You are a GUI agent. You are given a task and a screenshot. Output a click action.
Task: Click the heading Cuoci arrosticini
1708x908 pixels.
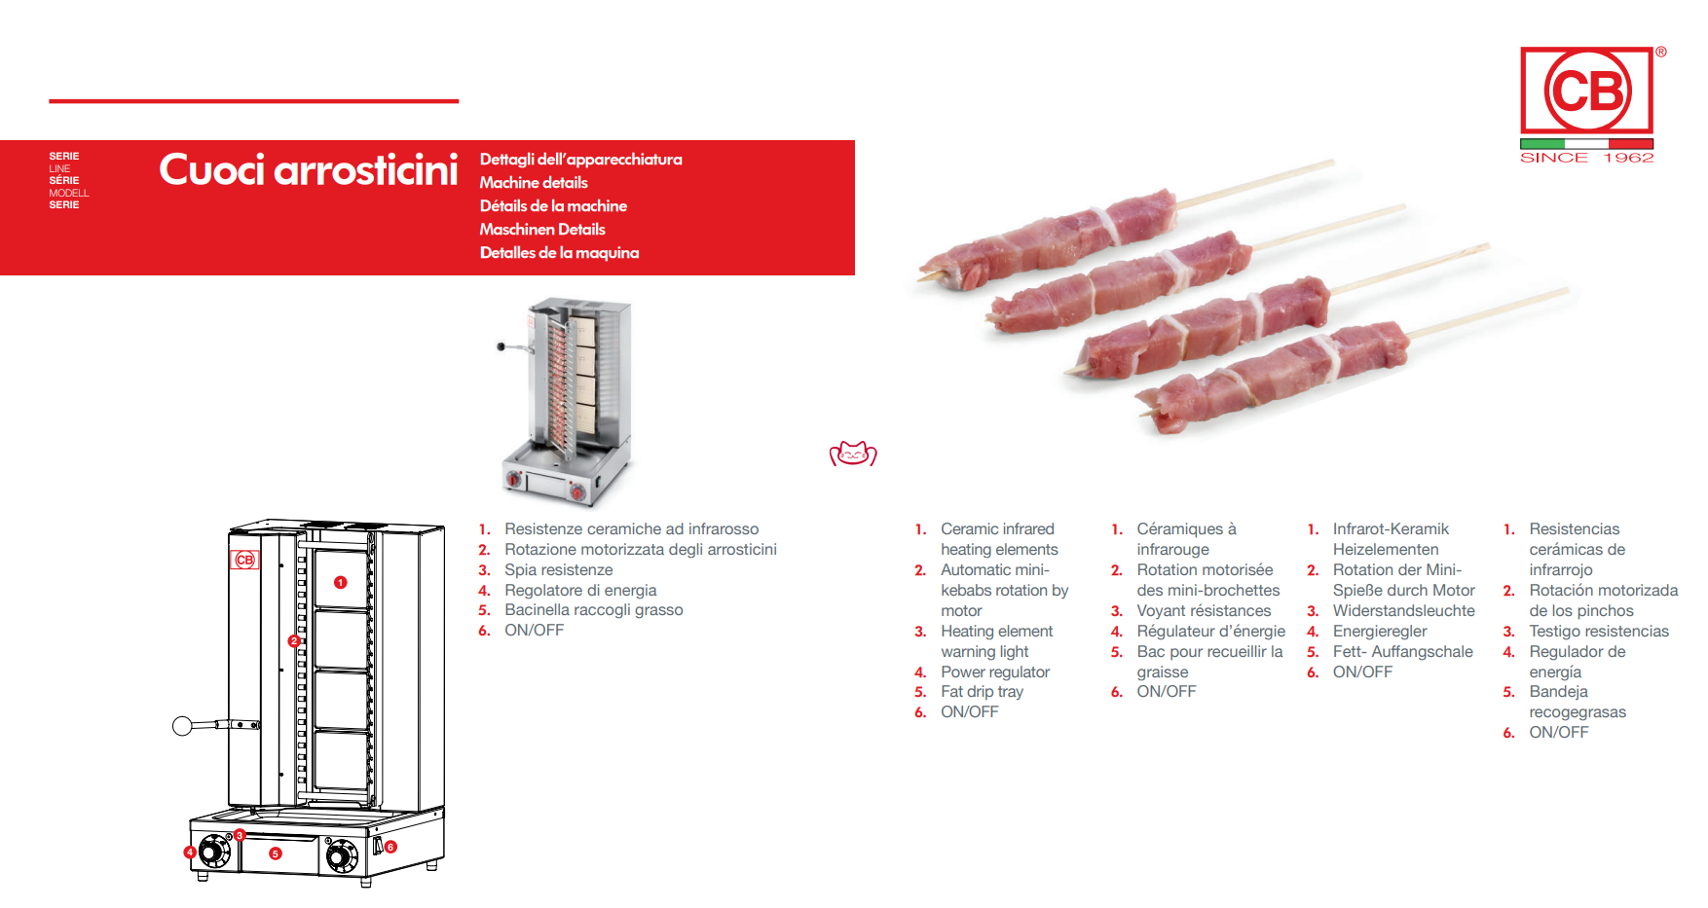pyautogui.click(x=309, y=170)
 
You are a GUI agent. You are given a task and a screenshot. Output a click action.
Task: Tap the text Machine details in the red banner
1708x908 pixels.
pyautogui.click(x=534, y=183)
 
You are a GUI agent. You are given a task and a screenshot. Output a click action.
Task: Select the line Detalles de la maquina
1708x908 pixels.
pyautogui.click(x=559, y=253)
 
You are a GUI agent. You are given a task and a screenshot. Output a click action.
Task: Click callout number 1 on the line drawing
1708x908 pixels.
pyautogui.click(x=341, y=582)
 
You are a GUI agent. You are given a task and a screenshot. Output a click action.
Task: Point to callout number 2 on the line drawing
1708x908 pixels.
pyautogui.click(x=294, y=640)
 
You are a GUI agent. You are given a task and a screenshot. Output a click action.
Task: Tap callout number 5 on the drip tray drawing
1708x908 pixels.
pyautogui.click(x=276, y=854)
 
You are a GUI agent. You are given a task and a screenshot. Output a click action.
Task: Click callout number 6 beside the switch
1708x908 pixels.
pyautogui.click(x=390, y=847)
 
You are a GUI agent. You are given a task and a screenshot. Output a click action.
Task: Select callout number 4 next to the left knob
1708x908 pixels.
pyautogui.click(x=191, y=853)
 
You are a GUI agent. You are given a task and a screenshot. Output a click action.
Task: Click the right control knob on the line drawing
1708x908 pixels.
pyautogui.click(x=341, y=856)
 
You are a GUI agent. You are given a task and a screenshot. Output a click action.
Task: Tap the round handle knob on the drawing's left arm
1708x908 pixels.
pyautogui.click(x=182, y=725)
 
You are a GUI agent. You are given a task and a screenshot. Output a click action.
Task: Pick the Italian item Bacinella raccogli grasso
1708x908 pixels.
pyautogui.click(x=594, y=610)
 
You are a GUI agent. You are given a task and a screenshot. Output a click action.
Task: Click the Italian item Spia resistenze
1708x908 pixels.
pyautogui.click(x=559, y=570)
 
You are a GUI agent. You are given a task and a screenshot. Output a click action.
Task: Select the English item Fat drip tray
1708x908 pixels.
pyautogui.click(x=982, y=692)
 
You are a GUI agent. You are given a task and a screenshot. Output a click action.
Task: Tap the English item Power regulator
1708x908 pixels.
pyautogui.click(x=995, y=672)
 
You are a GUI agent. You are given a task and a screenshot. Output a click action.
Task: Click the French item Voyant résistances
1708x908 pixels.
pyautogui.click(x=1204, y=611)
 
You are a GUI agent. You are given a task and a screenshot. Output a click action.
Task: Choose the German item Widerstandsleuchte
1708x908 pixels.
pyautogui.click(x=1403, y=611)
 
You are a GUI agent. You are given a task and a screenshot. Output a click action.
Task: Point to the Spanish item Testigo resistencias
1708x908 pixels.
pyautogui.click(x=1599, y=632)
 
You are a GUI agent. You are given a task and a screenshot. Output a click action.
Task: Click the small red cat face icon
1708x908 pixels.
pyautogui.click(x=853, y=454)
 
